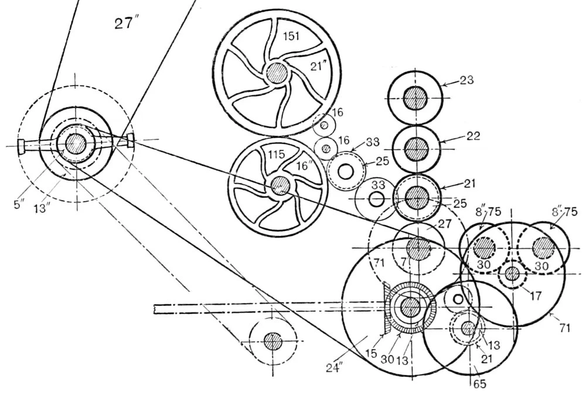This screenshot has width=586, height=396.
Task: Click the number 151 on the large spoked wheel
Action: coord(291,36)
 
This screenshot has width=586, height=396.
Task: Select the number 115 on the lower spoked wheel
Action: coord(276,154)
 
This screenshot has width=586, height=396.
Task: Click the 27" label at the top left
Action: coord(124,23)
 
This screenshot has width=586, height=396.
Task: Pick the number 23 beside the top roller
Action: coord(466,80)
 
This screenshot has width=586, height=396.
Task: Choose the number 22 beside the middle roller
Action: coord(473,136)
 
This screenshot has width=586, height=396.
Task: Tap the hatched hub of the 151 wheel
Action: coord(277,73)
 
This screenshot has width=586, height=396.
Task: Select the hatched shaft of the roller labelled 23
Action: coord(415,98)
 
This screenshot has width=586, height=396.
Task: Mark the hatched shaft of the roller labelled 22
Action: coord(416,149)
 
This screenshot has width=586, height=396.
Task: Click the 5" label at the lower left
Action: coord(19,204)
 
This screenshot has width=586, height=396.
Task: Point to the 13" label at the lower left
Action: coord(42,207)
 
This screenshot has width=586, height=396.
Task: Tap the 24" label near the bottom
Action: coord(334,368)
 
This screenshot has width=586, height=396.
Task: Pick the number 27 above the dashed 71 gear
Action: coord(444,223)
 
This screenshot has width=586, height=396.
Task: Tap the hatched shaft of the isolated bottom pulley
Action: coord(273,341)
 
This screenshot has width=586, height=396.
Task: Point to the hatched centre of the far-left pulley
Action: coord(76,143)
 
